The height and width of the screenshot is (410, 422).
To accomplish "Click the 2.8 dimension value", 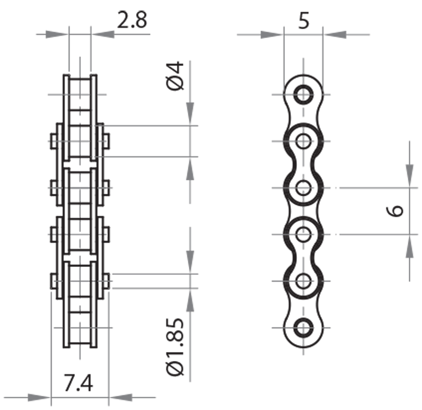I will coord(131,21).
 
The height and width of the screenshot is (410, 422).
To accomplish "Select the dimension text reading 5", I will coord(303,21).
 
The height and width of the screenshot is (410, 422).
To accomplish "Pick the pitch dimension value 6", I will coord(395,211).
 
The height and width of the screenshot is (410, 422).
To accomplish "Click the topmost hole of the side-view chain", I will coord(303,95).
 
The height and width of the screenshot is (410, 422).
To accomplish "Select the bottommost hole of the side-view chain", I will coord(303,327).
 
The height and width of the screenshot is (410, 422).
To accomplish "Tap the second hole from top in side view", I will coord(303,141).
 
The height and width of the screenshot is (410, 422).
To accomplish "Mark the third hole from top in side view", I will coord(303,187).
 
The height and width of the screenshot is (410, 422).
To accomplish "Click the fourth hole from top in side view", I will coord(303,234).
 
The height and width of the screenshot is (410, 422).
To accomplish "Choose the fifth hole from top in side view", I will coord(303,280).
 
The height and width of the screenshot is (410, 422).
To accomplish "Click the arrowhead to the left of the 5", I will coord(272,35).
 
